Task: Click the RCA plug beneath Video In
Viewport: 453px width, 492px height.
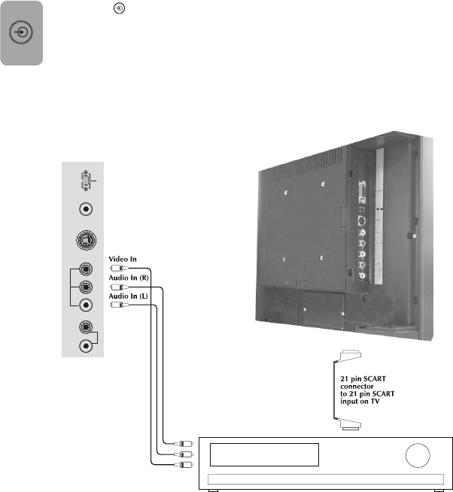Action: [x=115, y=268]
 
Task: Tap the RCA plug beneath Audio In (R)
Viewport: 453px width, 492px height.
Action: [x=115, y=287]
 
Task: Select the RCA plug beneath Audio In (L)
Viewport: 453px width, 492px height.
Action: [x=115, y=305]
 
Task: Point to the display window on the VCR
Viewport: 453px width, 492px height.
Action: [x=263, y=455]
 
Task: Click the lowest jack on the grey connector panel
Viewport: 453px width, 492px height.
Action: [x=87, y=345]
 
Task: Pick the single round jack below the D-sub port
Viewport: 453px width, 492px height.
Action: [x=87, y=211]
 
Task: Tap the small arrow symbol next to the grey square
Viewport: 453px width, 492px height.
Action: [x=117, y=7]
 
